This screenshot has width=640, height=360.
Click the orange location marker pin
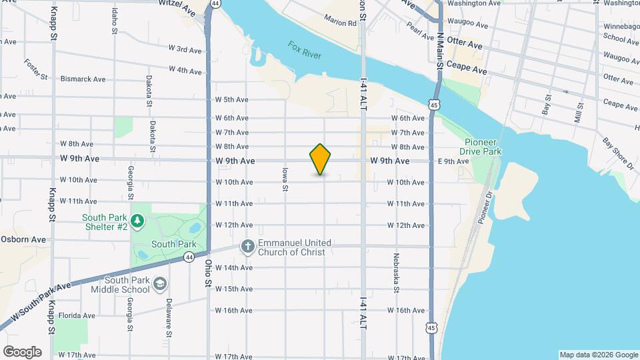(x=320, y=159)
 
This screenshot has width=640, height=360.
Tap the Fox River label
(x=305, y=50)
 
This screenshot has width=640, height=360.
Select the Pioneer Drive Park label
(x=483, y=147)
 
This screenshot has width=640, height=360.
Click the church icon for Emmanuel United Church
(x=248, y=247)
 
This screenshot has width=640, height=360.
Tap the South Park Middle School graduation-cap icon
(x=159, y=284)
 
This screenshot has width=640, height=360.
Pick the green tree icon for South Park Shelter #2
(x=137, y=219)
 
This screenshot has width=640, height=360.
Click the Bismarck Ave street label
(x=83, y=79)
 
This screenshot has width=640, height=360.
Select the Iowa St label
(x=285, y=179)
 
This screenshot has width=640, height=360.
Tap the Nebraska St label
(x=396, y=273)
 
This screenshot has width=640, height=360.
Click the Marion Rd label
(x=341, y=23)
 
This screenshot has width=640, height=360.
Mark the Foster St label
(x=36, y=69)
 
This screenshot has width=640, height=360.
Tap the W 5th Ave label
(x=231, y=100)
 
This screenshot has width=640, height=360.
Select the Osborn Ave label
(x=24, y=239)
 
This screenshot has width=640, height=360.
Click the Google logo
(x=22, y=352)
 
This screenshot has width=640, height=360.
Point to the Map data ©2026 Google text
(x=598, y=355)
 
